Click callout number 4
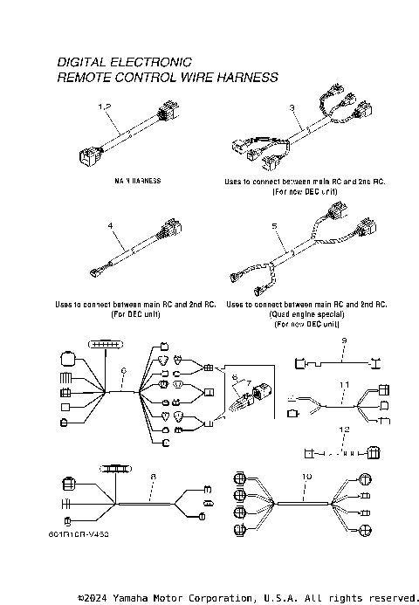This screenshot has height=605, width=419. pyautogui.click(x=110, y=225)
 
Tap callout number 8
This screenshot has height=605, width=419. pyautogui.click(x=153, y=476)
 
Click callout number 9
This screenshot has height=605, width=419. pyautogui.click(x=344, y=339)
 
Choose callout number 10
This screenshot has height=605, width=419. pyautogui.click(x=306, y=476)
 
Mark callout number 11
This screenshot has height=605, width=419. pyautogui.click(x=344, y=384)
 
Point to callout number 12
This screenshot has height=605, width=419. pyautogui.click(x=344, y=430)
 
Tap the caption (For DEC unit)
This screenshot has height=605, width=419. pyautogui.click(x=134, y=314)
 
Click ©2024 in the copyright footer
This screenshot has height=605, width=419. pyautogui.click(x=93, y=598)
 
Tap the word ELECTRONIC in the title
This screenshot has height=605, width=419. pyautogui.click(x=153, y=63)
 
